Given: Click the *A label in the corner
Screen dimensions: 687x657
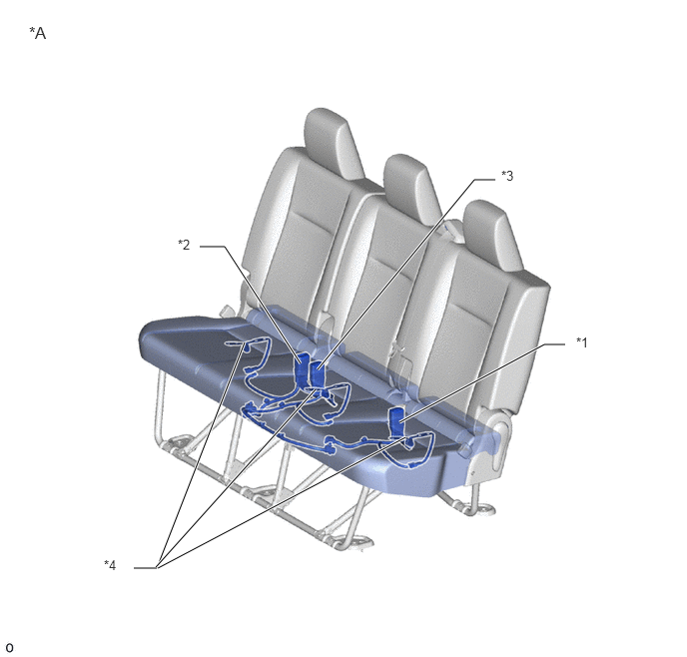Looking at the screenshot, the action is click(x=38, y=33).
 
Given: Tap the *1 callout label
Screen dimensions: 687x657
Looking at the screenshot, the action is click(x=582, y=342).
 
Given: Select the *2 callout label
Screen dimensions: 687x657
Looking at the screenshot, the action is click(x=184, y=245).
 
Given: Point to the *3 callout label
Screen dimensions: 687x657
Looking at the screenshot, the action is click(x=507, y=176).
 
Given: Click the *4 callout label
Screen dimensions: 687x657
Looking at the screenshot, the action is click(x=110, y=565).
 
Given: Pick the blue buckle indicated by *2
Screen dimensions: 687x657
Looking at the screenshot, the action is click(x=302, y=370).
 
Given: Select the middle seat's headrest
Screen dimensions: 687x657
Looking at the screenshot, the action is click(x=411, y=188).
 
